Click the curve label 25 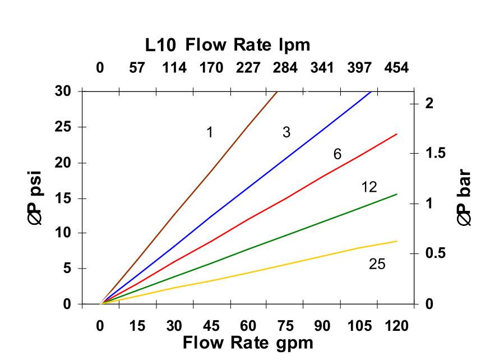pyautogui.click(x=377, y=264)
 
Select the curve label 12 pyautogui.click(x=369, y=187)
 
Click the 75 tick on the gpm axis pyautogui.click(x=285, y=326)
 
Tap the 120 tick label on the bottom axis pyautogui.click(x=396, y=326)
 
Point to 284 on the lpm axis pyautogui.click(x=285, y=68)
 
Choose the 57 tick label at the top pyautogui.click(x=137, y=68)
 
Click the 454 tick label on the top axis pyautogui.click(x=396, y=68)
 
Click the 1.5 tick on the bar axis pyautogui.click(x=436, y=153)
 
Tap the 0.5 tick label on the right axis pyautogui.click(x=436, y=253)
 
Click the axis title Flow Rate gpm pyautogui.click(x=247, y=342)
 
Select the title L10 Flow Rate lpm pyautogui.click(x=228, y=44)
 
